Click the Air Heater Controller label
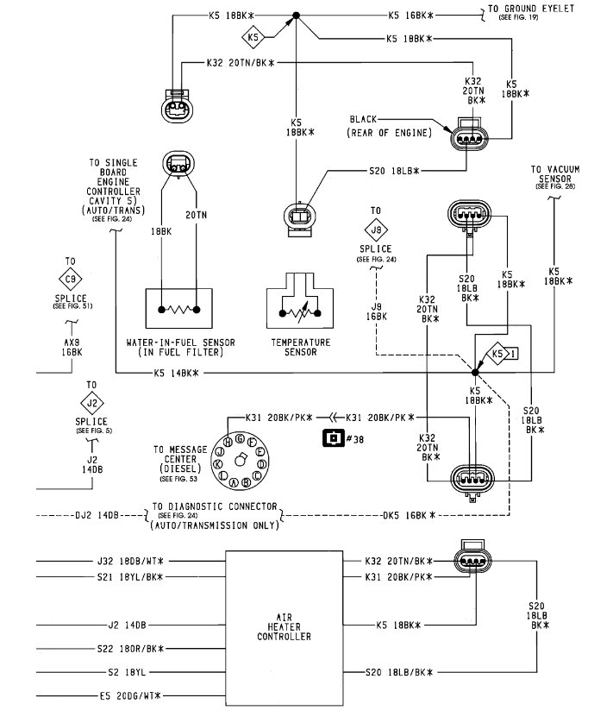tap(284, 627)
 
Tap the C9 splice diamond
tap(71, 279)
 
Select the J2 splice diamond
tap(92, 403)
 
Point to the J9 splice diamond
tap(376, 229)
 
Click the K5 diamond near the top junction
tap(253, 37)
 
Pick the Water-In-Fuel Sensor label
tap(181, 347)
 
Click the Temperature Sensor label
tap(301, 347)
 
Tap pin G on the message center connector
tap(240, 438)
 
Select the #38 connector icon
tap(334, 437)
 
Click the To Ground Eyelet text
tap(531, 9)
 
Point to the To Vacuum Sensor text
tap(555, 173)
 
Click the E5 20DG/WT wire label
tap(130, 695)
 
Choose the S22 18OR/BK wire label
tap(130, 649)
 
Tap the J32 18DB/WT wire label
tap(130, 561)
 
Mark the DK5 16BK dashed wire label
tap(410, 515)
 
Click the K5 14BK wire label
tap(176, 373)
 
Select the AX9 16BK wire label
tap(72, 347)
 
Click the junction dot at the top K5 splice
tap(297, 16)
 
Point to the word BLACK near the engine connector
tap(363, 119)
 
